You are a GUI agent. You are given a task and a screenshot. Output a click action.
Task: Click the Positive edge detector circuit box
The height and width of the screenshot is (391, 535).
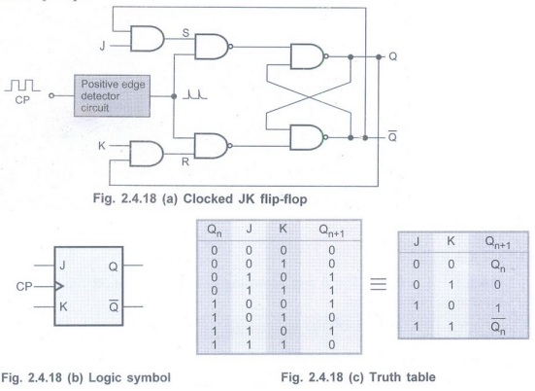[x=112, y=96]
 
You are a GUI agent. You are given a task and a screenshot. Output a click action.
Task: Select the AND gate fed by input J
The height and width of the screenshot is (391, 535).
[x=148, y=39]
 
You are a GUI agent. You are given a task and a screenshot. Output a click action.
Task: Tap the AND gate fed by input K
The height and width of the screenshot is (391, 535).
[x=147, y=154]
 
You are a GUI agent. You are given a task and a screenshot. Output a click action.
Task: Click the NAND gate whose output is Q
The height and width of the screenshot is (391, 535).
[x=309, y=56]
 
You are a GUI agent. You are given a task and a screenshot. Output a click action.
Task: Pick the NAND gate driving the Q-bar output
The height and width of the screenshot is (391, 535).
[x=309, y=137]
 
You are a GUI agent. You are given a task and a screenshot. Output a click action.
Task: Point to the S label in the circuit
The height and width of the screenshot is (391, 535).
[x=185, y=33]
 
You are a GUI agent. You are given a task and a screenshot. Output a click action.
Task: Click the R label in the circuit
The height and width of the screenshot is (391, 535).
[x=185, y=161]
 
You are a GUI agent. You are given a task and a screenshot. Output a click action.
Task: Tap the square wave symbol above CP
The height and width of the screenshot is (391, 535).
[x=22, y=86]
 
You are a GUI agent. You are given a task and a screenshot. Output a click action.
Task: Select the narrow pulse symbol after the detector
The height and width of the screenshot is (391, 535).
[x=195, y=94]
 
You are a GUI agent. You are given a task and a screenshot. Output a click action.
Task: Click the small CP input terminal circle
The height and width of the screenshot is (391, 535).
[x=51, y=96]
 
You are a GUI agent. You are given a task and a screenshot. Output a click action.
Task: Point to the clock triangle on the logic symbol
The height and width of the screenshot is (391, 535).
[x=59, y=286]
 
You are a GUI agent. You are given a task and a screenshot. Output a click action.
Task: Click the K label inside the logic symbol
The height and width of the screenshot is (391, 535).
[x=63, y=306]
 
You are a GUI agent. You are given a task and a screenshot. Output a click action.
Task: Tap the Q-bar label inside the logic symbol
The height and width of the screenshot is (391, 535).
[x=114, y=306]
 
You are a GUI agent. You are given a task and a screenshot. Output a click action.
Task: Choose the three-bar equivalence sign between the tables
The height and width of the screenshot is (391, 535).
[x=379, y=284]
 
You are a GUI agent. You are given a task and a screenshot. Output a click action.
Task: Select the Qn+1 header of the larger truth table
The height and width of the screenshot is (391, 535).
[x=331, y=231]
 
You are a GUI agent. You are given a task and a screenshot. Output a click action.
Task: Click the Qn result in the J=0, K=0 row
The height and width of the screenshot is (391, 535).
[x=498, y=266]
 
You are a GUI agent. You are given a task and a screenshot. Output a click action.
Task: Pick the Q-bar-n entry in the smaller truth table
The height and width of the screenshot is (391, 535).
[x=498, y=326]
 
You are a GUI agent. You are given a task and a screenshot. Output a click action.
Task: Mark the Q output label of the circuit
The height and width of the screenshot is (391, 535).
[x=393, y=56]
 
